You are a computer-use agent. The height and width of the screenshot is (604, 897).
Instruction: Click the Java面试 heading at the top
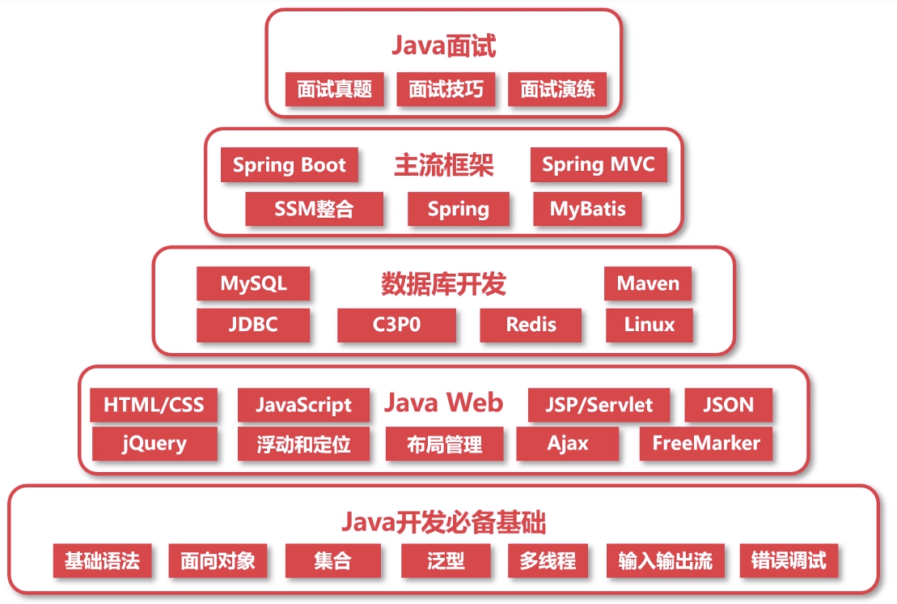pos(443,45)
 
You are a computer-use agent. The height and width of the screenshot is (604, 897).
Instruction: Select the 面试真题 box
pos(335,89)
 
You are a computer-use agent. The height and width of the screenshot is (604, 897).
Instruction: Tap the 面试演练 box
pos(557,89)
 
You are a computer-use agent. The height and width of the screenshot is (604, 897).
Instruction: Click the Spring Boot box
pos(290,165)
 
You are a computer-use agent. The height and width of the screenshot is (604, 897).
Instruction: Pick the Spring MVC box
pos(599,165)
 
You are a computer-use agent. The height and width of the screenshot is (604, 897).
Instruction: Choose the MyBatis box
pos(588,209)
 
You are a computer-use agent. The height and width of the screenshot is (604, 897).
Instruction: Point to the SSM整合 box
pos(314,209)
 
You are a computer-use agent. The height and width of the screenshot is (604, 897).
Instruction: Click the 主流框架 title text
pos(443,165)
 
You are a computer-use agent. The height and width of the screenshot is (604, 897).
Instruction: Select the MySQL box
pos(253,283)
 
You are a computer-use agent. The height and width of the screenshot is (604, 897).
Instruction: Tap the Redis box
pos(531,325)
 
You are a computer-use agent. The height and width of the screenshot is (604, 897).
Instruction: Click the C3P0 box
pos(396,325)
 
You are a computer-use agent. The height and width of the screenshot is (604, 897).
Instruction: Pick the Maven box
pos(648,283)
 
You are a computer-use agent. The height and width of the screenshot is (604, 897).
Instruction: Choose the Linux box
pos(649,325)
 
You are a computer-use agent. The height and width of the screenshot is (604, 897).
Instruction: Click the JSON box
pos(728,405)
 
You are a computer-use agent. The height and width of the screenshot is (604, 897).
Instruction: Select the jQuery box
pos(154,444)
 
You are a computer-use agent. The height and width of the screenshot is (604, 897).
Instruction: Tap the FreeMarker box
pos(706,444)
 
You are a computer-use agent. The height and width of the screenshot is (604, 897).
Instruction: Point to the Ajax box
pos(568,444)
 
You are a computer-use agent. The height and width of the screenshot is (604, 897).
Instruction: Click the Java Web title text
pos(443,402)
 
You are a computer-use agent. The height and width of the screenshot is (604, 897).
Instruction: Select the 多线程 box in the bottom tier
pos(548,560)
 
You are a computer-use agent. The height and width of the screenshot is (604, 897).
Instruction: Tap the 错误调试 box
pos(789,560)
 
